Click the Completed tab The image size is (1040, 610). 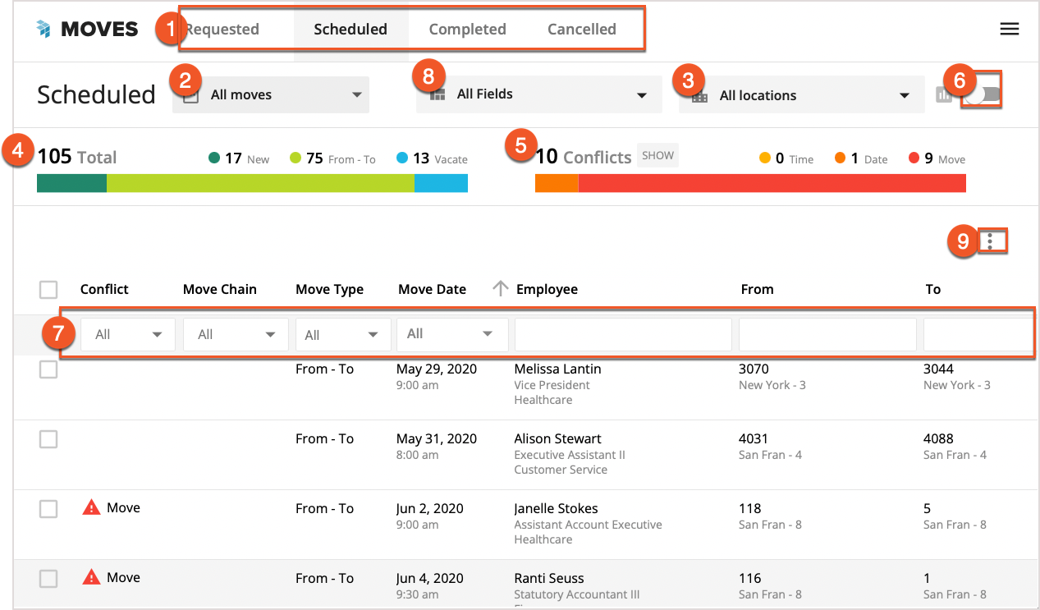click(x=467, y=30)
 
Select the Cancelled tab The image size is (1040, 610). click(x=581, y=30)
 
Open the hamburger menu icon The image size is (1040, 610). click(x=1009, y=30)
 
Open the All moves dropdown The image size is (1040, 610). click(x=271, y=95)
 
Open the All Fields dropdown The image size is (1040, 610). click(x=538, y=94)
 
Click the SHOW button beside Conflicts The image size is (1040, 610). click(x=657, y=155)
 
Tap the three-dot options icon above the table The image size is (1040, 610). click(x=991, y=241)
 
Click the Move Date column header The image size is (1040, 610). click(x=432, y=289)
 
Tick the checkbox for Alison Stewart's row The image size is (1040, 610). click(x=48, y=439)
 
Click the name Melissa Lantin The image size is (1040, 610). click(x=557, y=369)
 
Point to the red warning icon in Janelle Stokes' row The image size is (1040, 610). click(x=91, y=507)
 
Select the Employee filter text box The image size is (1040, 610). click(x=622, y=334)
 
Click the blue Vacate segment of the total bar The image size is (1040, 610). click(x=441, y=182)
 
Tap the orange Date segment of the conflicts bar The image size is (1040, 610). click(x=557, y=182)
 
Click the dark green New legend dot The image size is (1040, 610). click(x=214, y=158)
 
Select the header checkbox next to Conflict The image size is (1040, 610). click(x=48, y=289)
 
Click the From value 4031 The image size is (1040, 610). click(x=754, y=438)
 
